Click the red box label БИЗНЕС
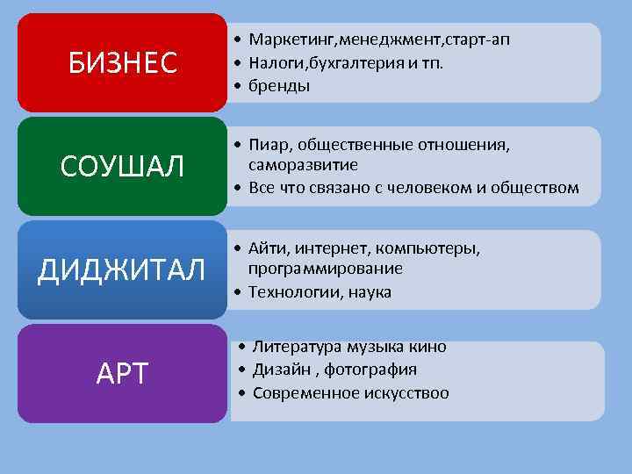pos(122,63)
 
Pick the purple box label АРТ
pos(122,374)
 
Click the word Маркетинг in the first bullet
pos(284,39)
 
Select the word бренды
pos(278,86)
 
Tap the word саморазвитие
pos(303,164)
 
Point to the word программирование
pos(326,269)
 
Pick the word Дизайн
pos(278,370)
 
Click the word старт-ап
pos(479,39)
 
